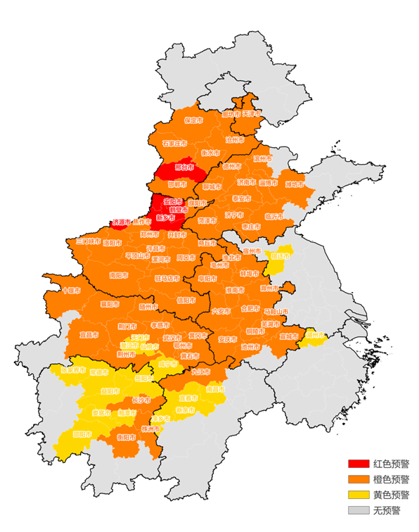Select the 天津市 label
tap(252, 113)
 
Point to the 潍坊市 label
tap(295, 185)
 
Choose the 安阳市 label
tap(173, 201)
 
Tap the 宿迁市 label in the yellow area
tap(279, 255)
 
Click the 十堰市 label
tap(71, 290)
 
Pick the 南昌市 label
tap(216, 388)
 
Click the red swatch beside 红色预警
tap(358, 464)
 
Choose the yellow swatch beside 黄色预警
tap(358, 495)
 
